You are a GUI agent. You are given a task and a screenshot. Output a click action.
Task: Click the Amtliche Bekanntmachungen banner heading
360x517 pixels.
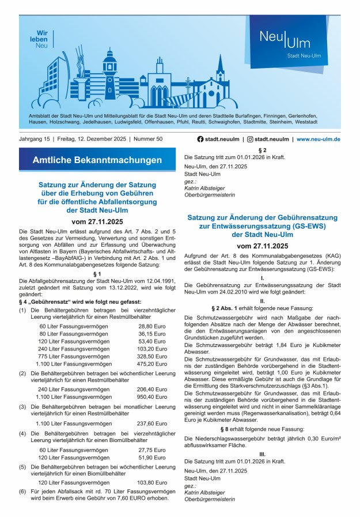(x=97, y=159)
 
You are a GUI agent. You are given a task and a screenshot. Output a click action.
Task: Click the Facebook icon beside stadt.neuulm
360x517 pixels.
(x=200, y=139)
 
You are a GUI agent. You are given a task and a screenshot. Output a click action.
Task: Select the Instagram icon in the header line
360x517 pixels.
(x=250, y=139)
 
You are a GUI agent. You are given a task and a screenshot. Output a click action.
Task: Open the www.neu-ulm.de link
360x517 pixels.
(x=318, y=139)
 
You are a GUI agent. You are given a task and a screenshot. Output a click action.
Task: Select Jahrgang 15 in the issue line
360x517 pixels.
(x=35, y=139)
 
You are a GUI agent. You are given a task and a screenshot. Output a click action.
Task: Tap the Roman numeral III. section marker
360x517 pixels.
(x=262, y=454)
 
